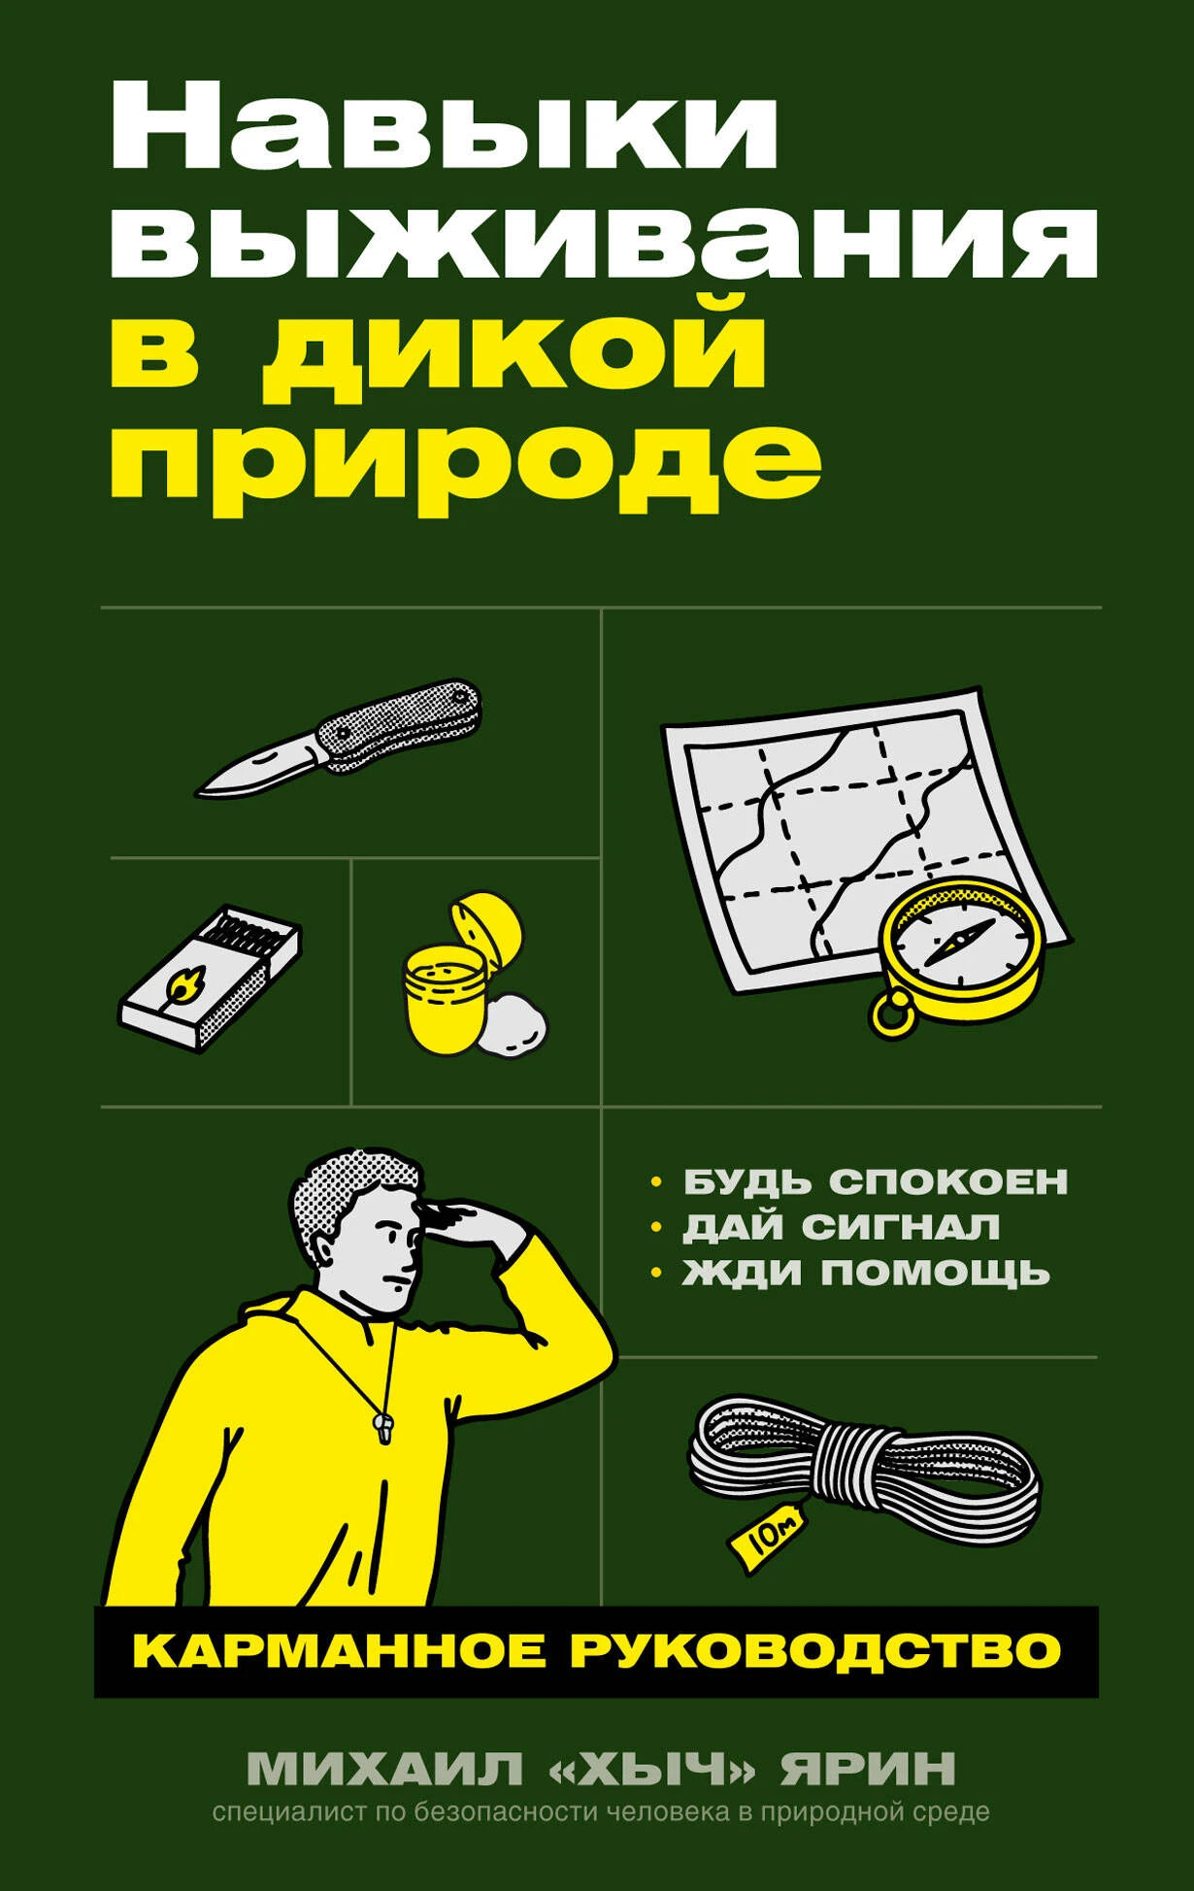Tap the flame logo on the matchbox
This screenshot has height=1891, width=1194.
pos(181,983)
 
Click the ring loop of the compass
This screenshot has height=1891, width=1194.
pos(893,1013)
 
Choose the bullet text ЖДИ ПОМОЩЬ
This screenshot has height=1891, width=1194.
pos(866,1271)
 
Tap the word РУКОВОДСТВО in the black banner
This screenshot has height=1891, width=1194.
pos(815,1651)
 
